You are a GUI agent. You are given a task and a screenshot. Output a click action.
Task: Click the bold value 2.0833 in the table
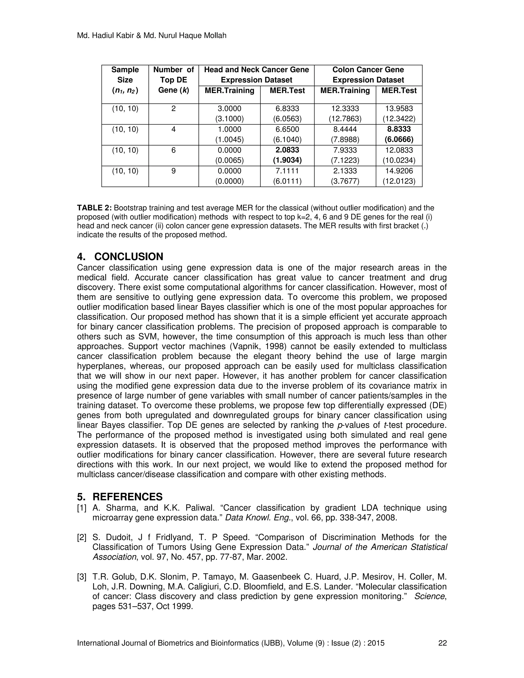[x=287, y=150]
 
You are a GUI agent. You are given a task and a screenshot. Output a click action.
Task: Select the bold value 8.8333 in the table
[x=399, y=129]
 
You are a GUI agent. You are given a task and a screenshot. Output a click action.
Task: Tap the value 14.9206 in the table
[x=399, y=171]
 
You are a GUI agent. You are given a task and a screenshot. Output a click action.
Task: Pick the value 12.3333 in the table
[x=345, y=108]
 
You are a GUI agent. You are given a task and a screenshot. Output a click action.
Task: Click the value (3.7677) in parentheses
[x=345, y=181]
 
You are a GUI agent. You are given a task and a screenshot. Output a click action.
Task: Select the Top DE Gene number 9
[x=173, y=171]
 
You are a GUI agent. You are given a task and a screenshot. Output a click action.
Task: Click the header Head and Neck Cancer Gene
[x=256, y=70]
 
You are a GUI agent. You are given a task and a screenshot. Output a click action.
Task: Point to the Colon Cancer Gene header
[x=368, y=70]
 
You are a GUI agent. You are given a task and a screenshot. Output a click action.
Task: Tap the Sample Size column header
[x=125, y=75]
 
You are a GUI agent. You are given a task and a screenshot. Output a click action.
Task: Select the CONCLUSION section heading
[x=128, y=257]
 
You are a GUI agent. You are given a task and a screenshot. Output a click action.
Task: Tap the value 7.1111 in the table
[x=287, y=171]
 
